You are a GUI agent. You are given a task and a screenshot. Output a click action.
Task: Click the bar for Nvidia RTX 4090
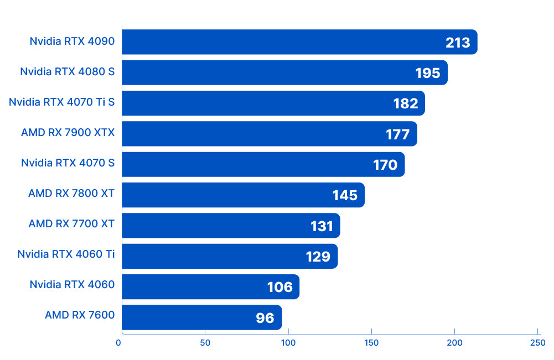tap(299, 42)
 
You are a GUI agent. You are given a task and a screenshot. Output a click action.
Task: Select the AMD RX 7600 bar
tap(201, 317)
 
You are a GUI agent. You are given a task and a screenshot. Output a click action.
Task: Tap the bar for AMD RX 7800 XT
tap(243, 195)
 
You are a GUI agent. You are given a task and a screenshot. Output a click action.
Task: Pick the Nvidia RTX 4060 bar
tap(210, 287)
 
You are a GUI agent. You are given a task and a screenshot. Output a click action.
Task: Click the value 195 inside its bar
tap(427, 73)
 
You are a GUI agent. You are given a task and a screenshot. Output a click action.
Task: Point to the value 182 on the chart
tap(406, 103)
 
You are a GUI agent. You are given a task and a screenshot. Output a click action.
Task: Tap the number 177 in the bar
tap(397, 134)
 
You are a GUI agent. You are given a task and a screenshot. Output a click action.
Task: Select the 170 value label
tap(385, 165)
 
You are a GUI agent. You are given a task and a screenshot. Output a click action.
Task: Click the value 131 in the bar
tap(322, 226)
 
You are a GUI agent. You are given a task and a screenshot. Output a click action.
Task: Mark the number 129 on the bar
tap(318, 257)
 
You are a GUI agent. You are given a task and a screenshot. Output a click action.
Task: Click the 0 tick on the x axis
tap(118, 343)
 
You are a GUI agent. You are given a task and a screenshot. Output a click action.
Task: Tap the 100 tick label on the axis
tap(288, 343)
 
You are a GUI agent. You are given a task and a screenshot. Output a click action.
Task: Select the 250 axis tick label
tap(537, 343)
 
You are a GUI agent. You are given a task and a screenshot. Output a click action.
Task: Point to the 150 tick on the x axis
tap(371, 343)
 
